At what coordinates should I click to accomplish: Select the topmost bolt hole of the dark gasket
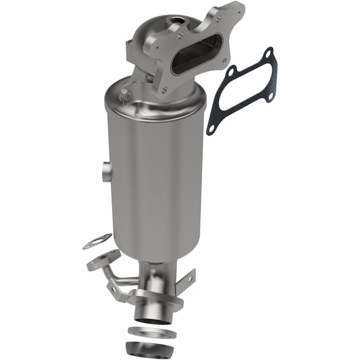(269, 53)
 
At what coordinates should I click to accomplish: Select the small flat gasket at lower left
(98, 240)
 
